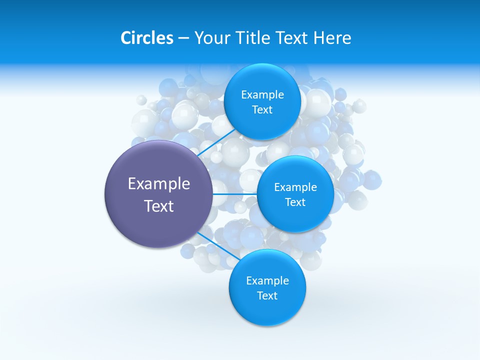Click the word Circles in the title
tap(146, 38)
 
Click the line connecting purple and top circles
tap(216, 142)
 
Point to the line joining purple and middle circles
tap(235, 194)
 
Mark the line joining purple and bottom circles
tap(217, 245)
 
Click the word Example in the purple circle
tap(159, 184)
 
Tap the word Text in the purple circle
tap(159, 206)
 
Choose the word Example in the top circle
tap(262, 95)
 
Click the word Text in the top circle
tap(262, 109)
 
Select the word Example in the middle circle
tap(295, 187)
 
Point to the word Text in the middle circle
tap(295, 202)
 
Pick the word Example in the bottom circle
tap(267, 281)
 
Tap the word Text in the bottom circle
tap(267, 295)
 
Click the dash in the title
tap(183, 38)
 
